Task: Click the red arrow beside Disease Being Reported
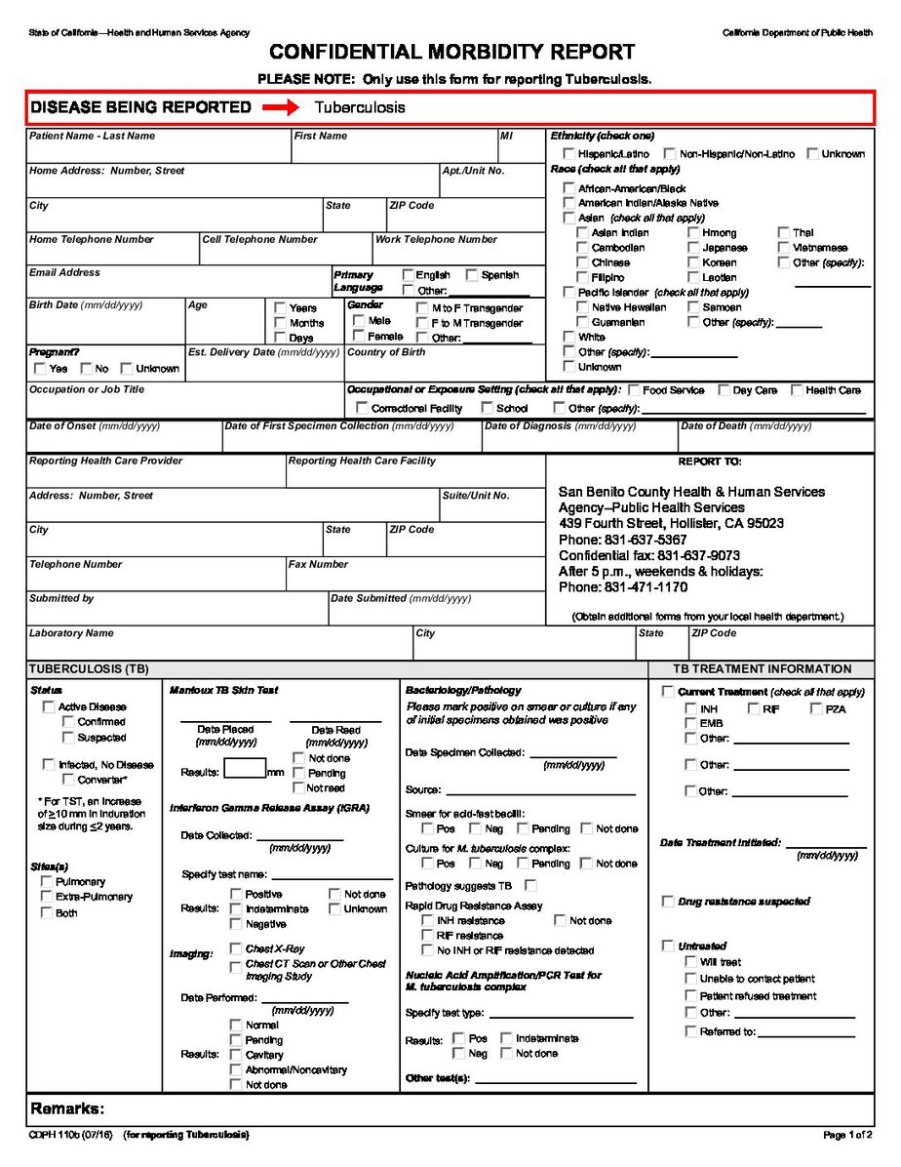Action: (x=281, y=107)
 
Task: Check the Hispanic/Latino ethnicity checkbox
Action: (x=568, y=154)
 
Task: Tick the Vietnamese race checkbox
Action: (x=784, y=248)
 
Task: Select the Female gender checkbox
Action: (x=359, y=336)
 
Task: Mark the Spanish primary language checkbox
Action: (x=472, y=275)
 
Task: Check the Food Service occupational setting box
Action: (x=634, y=390)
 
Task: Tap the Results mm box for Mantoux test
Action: (x=244, y=769)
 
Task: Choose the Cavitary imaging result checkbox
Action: (x=236, y=1055)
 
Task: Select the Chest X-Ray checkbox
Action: (x=236, y=947)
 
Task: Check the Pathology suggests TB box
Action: (x=530, y=886)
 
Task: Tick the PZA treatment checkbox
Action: (x=816, y=708)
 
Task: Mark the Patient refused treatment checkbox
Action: (x=690, y=996)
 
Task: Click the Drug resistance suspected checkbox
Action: (x=668, y=902)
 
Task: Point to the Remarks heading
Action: (x=67, y=1108)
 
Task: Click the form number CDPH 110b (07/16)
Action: (x=70, y=1135)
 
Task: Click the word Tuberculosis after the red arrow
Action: (x=360, y=107)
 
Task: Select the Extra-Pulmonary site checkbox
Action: (x=46, y=897)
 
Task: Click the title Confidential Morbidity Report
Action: (x=451, y=53)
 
